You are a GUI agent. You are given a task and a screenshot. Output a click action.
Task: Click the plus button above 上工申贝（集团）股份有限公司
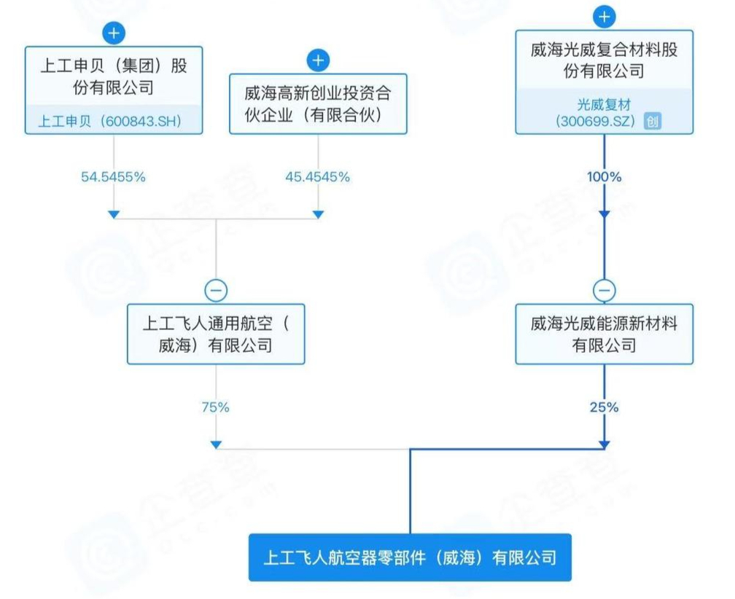click(114, 33)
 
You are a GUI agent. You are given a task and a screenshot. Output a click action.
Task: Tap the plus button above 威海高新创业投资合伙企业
click(318, 60)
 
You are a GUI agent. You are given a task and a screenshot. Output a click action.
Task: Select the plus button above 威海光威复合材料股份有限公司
click(604, 16)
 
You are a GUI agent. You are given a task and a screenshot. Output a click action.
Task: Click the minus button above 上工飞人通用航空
click(216, 290)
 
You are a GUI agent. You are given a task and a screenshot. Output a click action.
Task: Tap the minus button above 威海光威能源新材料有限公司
click(604, 290)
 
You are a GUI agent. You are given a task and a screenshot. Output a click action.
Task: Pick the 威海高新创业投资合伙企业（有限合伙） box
click(318, 103)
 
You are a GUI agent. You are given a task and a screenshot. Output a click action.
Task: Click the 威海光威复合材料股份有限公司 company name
click(604, 60)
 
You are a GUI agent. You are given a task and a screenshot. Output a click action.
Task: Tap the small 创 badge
click(653, 121)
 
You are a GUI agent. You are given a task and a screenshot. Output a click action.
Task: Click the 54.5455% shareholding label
click(114, 177)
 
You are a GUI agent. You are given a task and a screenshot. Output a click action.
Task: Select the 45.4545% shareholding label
click(318, 177)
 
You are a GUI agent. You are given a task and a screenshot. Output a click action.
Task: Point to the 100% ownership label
click(604, 177)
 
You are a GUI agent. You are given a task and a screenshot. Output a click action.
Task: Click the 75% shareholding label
click(216, 407)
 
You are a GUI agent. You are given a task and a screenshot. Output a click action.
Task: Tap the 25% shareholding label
click(604, 407)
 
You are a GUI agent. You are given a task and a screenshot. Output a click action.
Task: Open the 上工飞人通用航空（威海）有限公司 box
click(216, 334)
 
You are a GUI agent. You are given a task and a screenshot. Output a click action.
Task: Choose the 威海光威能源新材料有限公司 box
click(604, 334)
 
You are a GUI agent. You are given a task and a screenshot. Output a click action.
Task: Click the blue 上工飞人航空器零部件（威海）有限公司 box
click(410, 557)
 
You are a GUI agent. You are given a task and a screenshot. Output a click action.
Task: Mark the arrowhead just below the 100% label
click(604, 214)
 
